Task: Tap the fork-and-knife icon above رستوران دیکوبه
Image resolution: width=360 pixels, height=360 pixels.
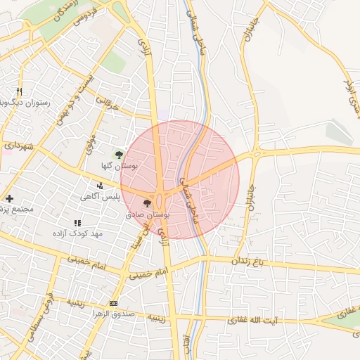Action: coord(19,91)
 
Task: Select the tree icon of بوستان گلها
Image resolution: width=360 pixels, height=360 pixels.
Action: coord(119,153)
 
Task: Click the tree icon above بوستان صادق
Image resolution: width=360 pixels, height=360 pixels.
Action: coord(147,202)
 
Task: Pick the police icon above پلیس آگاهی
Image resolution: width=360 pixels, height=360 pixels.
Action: coord(101,186)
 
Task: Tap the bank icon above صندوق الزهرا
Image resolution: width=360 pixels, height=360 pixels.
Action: coord(114,303)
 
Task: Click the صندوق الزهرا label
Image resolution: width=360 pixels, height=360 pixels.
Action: coord(113,314)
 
